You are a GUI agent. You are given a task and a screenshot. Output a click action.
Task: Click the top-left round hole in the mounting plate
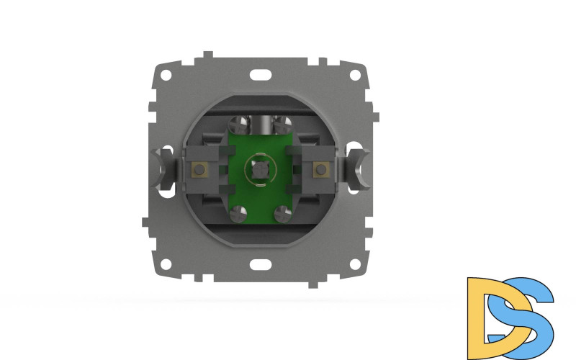pyautogui.click(x=167, y=73)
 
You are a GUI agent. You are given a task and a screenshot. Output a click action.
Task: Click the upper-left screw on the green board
pyautogui.click(x=239, y=123)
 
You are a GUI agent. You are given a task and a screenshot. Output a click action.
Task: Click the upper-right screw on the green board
pyautogui.click(x=282, y=123)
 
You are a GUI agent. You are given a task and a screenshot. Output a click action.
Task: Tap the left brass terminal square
pyautogui.click(x=197, y=170)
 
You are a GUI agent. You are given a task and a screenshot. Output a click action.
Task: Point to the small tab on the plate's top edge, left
pyautogui.click(x=207, y=55)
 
